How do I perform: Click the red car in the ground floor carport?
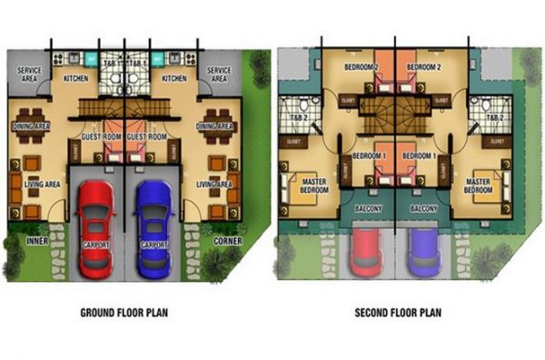95,229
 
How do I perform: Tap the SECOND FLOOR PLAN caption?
399,314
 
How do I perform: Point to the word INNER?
37,241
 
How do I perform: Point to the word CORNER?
228,241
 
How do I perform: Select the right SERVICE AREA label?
218,74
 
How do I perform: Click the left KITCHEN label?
76,79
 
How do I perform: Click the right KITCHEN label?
173,79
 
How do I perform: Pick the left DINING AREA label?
30,126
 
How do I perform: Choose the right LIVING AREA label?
216,185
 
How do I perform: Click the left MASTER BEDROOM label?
312,185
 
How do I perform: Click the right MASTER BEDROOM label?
478,185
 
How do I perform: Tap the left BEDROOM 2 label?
362,68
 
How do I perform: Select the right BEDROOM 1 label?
421,155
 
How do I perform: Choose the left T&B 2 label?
296,117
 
